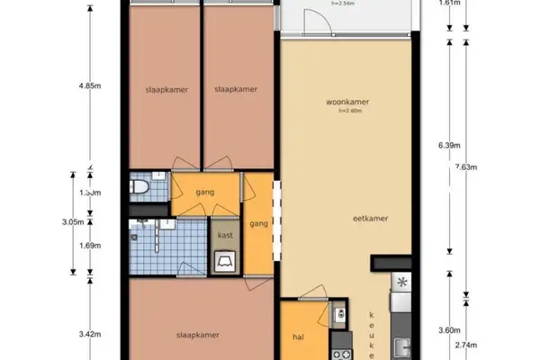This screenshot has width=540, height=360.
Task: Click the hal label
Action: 300,338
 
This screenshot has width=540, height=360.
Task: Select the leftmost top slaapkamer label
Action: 162,89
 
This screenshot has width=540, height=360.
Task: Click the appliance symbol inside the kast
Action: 225,261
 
